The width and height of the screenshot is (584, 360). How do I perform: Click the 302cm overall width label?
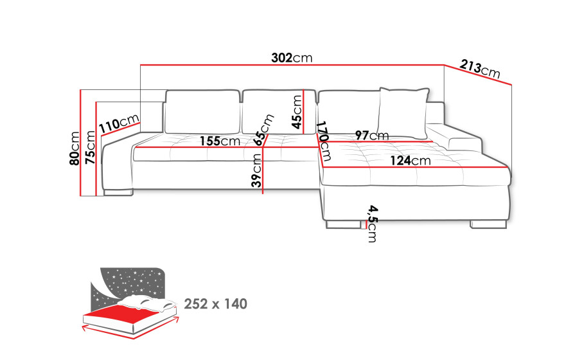[x=292, y=58]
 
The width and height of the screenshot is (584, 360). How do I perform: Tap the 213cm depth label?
[x=480, y=69]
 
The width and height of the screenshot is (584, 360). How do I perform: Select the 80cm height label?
[x=75, y=148]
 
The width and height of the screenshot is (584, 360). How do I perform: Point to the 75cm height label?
[x=90, y=148]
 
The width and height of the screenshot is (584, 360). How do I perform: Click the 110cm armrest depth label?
[x=119, y=123]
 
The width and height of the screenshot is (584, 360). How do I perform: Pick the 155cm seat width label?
[x=220, y=141]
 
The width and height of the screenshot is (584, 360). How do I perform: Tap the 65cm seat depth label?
[x=263, y=130]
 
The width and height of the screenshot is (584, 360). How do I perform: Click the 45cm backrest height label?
[x=297, y=112]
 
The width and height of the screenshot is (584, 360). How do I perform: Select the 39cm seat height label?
[x=256, y=171]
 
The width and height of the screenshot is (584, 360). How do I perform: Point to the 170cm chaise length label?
[x=323, y=141]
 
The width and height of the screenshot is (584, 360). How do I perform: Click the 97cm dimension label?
[x=372, y=135]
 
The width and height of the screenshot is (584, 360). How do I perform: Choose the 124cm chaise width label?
[x=411, y=161]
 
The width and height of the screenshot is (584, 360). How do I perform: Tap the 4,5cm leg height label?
[x=372, y=223]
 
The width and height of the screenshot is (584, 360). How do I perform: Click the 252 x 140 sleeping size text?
[x=216, y=303]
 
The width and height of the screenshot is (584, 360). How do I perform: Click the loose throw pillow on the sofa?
[x=403, y=113]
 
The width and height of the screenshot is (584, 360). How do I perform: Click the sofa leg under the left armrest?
[x=118, y=193]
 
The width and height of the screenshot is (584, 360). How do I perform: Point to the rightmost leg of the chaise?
[x=488, y=224]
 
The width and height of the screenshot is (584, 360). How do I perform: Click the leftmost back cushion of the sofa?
[x=202, y=111]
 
